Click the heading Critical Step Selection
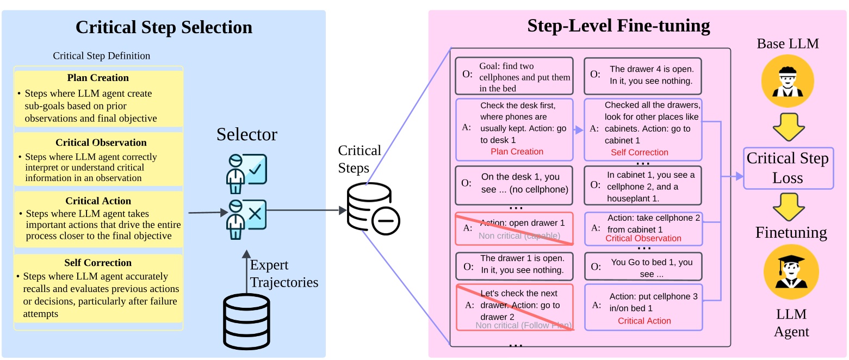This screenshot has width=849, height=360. (164, 28)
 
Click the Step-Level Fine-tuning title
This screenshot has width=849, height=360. (618, 26)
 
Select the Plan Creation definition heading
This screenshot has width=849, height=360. (98, 78)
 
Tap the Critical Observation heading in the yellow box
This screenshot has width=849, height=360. (101, 142)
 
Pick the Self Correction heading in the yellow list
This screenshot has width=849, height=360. (98, 263)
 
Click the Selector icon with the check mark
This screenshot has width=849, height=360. (246, 173)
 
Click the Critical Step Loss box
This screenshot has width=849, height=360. (788, 168)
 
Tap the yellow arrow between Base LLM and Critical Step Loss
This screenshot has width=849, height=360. (788, 127)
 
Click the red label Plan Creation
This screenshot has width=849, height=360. (517, 152)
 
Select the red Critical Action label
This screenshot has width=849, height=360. (644, 321)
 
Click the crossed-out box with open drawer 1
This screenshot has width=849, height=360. (514, 228)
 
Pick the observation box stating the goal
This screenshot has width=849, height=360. (514, 76)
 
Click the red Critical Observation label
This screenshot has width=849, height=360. (643, 238)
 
